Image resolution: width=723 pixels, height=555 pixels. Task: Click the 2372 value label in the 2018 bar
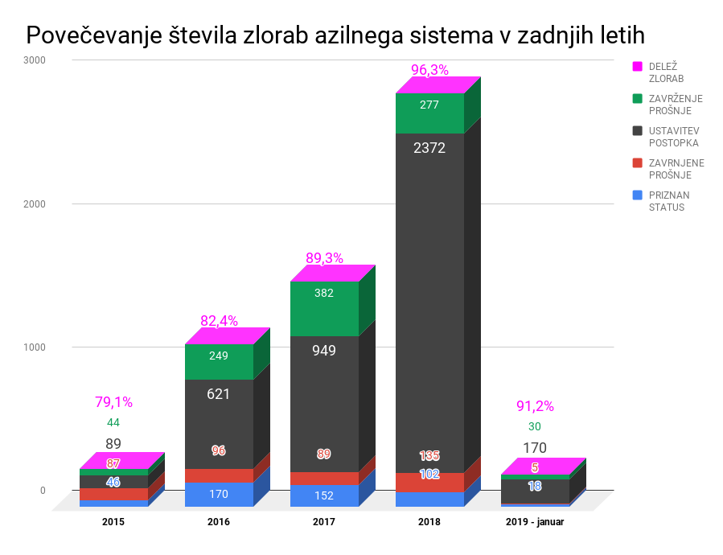point(429,148)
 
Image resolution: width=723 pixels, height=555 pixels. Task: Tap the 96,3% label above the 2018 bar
point(429,70)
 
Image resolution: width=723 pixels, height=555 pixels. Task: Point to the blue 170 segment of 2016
point(219,494)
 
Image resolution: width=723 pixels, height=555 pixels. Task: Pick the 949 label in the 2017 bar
point(324,351)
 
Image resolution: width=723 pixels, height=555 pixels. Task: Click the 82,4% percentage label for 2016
point(219,321)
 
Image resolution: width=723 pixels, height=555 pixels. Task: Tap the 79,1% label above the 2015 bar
point(113,402)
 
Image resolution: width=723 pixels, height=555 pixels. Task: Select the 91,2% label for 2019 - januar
point(535,406)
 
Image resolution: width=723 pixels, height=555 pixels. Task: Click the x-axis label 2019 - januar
point(535,521)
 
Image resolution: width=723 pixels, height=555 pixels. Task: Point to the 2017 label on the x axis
point(324,521)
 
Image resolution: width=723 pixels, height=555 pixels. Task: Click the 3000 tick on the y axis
point(35,60)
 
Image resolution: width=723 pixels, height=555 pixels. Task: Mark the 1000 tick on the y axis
point(35,347)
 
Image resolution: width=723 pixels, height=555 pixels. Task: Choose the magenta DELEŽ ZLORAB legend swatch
point(638,67)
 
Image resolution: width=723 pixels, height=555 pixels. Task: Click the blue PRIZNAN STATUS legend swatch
point(638,195)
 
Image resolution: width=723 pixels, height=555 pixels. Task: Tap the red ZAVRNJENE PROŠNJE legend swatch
point(638,163)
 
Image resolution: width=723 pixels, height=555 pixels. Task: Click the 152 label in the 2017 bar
point(324,495)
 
